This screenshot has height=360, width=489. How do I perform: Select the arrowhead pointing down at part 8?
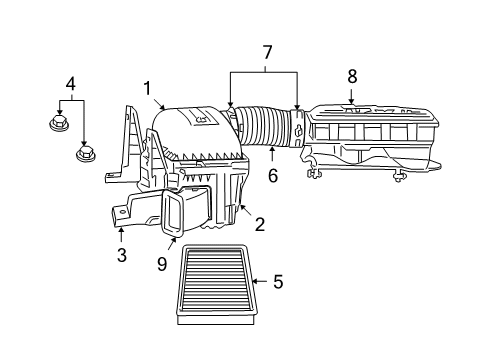[351, 98]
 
